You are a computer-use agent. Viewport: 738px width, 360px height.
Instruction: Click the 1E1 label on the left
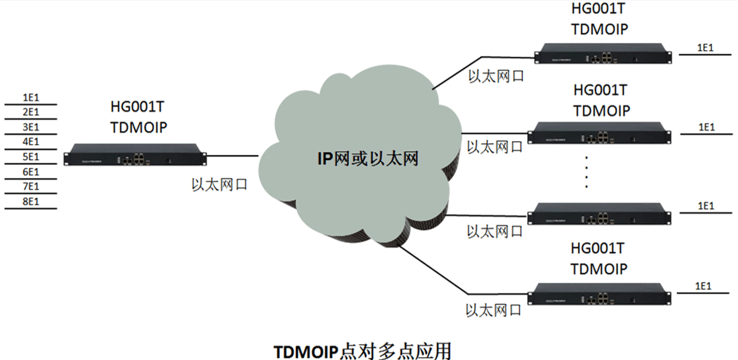[31, 97]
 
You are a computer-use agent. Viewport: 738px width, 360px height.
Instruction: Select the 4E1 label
[31, 142]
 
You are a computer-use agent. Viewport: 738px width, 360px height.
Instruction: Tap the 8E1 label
[31, 201]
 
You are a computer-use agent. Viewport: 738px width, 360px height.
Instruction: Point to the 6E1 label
[31, 172]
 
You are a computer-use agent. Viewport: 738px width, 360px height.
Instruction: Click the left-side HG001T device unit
[136, 154]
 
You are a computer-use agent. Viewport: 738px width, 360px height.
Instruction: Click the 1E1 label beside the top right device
[705, 48]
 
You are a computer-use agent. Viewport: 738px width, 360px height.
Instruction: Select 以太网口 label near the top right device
[494, 75]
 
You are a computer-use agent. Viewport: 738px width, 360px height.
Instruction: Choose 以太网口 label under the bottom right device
[494, 311]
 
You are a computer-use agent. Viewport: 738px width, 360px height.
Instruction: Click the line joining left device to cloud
[233, 154]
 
